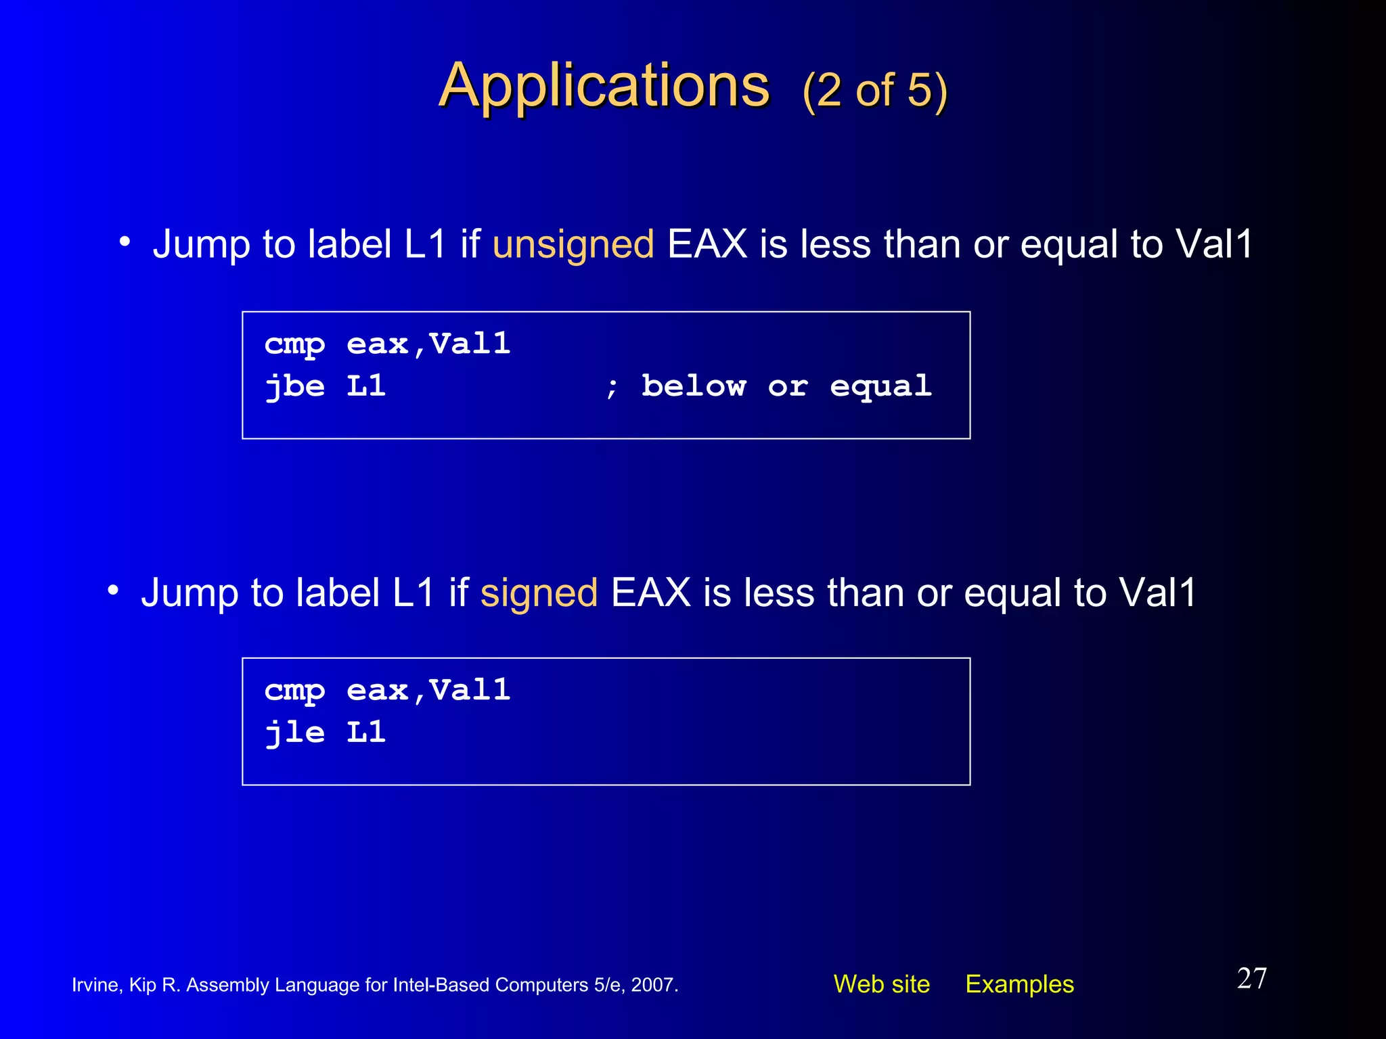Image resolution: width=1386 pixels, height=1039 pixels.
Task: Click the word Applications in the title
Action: coord(604,87)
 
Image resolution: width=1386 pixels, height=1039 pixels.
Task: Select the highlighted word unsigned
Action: coord(573,244)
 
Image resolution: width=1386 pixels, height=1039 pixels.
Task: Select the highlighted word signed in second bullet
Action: coord(539,593)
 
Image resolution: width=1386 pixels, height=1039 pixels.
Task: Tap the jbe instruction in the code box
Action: coord(294,387)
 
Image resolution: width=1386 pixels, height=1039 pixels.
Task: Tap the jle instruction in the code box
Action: coord(294,733)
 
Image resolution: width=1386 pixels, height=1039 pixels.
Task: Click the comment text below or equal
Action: coord(786,386)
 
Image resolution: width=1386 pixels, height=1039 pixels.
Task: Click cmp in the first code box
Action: coord(294,345)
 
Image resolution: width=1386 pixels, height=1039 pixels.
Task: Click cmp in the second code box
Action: coord(294,691)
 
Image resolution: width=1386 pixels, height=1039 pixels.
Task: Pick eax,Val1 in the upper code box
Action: coord(428,344)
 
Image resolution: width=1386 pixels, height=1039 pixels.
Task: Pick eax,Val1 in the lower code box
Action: coord(428,691)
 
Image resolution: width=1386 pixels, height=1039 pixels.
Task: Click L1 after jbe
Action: coord(366,386)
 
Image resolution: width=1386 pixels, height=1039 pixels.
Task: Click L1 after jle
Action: coord(366,733)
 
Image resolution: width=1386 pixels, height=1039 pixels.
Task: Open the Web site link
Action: coord(881,984)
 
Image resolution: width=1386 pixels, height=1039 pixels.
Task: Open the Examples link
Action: coord(1019,984)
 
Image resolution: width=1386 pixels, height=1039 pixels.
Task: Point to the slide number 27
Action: coord(1251,979)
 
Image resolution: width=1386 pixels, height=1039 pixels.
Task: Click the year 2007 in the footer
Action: coord(653,985)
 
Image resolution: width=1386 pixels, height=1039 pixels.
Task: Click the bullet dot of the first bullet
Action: coord(125,241)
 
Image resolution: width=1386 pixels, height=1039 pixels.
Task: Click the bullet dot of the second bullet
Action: coord(113,591)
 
